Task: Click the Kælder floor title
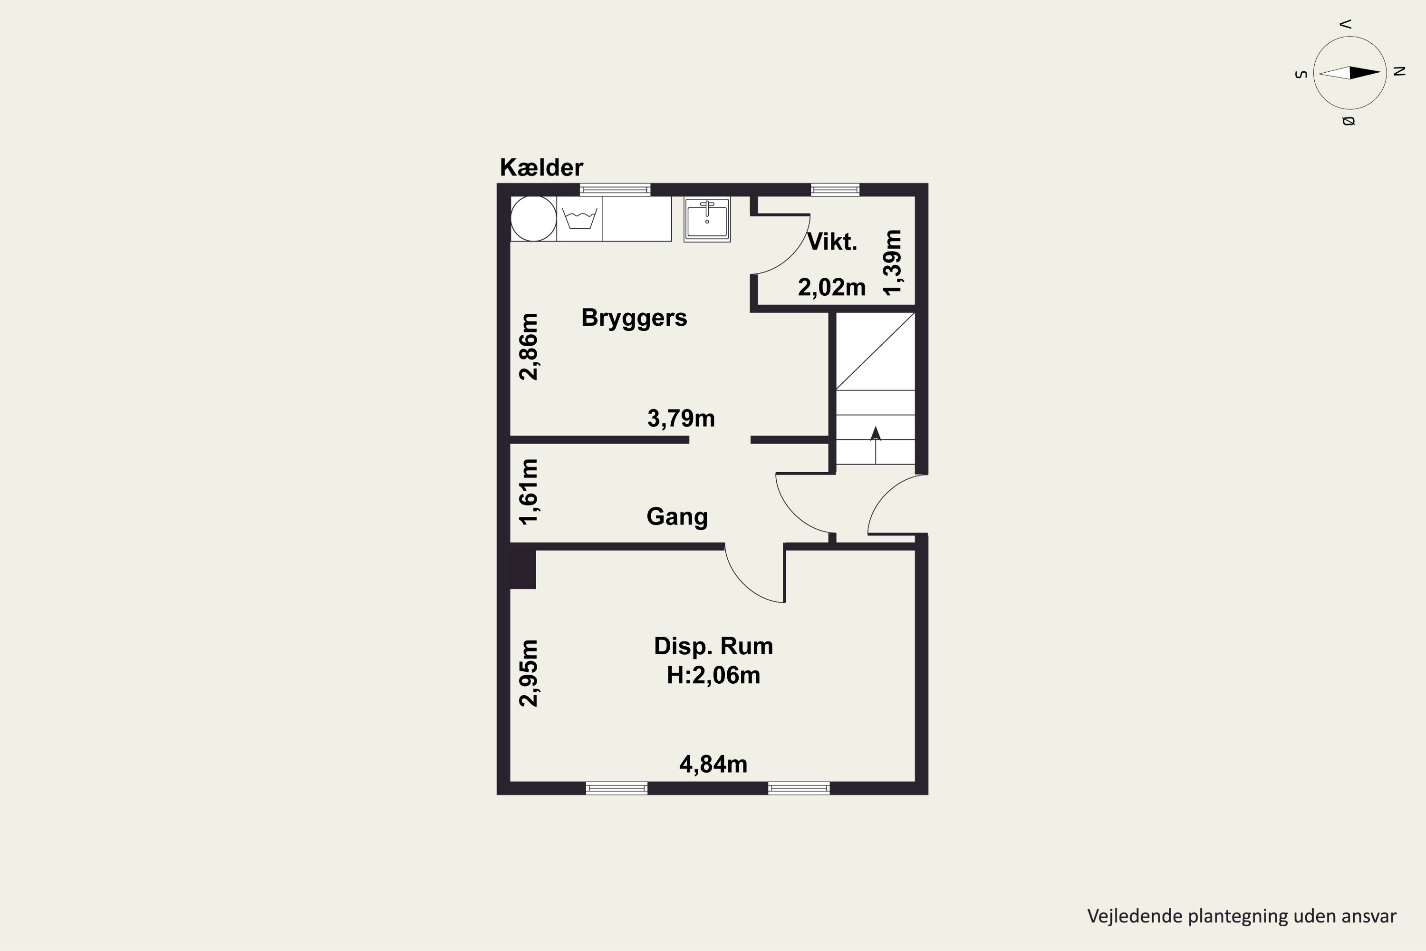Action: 541,167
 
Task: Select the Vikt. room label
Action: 832,242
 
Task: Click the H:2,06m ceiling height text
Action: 713,675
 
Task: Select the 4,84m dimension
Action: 713,764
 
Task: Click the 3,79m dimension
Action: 681,418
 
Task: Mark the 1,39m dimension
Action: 893,262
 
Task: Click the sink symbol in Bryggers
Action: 707,219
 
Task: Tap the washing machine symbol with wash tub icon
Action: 579,219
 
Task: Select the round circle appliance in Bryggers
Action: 533,219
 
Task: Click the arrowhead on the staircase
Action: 876,433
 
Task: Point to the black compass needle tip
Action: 1380,73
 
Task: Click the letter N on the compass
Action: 1399,71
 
